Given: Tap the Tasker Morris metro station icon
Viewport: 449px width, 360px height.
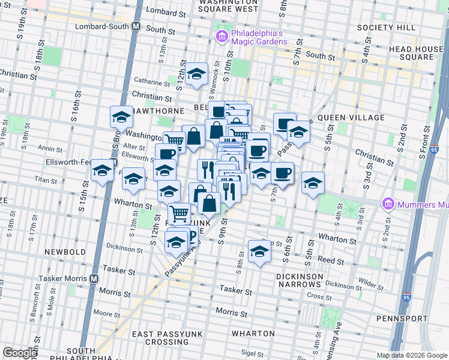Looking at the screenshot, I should click(x=94, y=278).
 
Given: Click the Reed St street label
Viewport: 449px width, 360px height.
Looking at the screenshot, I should click(x=331, y=262).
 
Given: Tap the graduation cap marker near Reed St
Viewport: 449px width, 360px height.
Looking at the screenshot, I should click(x=259, y=251).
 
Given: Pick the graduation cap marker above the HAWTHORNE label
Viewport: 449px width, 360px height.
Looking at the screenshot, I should click(x=121, y=117).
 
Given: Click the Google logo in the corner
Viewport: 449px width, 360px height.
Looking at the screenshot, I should click(x=20, y=353).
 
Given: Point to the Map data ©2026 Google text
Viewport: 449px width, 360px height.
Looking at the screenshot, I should click(x=412, y=355).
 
